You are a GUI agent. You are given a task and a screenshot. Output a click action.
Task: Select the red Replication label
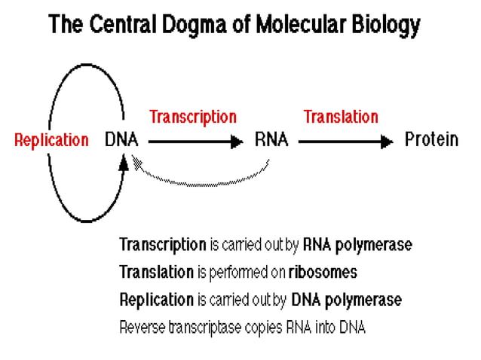51,140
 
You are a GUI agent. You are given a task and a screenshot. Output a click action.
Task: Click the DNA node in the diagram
121,140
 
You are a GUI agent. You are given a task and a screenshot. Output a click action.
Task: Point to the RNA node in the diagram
271,140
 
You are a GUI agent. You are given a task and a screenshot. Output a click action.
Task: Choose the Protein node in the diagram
431,140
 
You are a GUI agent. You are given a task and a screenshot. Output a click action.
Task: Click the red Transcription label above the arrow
193,117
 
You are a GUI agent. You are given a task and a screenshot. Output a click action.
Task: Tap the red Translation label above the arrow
341,117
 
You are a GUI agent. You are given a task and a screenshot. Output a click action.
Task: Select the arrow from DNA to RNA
196,141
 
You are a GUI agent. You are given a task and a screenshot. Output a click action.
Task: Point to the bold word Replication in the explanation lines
157,299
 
